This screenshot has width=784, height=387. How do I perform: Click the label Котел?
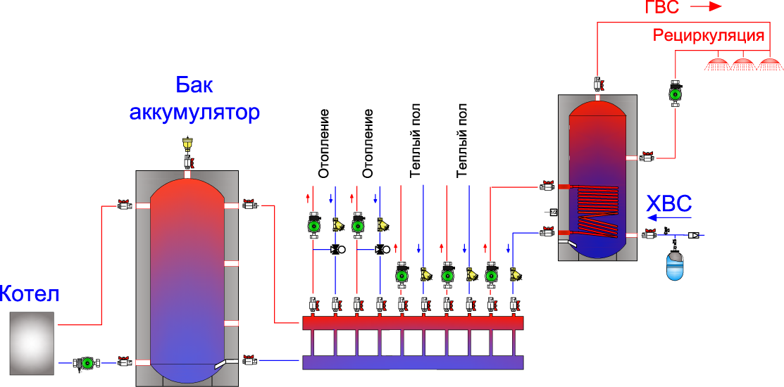click(30, 293)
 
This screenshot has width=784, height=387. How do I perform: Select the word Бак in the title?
click(194, 85)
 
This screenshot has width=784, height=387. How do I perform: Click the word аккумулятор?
click(194, 113)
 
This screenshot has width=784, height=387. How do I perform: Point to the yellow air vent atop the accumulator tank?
click(188, 145)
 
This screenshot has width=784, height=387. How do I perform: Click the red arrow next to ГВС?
click(706, 6)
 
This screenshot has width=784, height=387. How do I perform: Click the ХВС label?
click(670, 205)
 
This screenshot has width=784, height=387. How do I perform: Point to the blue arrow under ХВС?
click(670, 219)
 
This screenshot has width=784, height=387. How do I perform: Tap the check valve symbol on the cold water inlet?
click(694, 235)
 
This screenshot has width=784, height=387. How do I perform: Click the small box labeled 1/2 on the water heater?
click(553, 212)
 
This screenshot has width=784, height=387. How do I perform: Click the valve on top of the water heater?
click(597, 84)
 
